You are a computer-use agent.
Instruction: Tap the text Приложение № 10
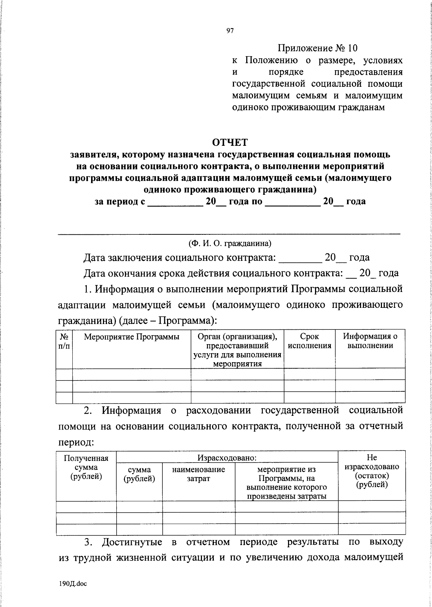(x=318, y=48)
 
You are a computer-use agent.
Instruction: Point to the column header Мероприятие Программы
(x=131, y=337)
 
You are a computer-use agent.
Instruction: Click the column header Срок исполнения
(x=310, y=341)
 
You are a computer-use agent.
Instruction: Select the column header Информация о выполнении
(x=370, y=341)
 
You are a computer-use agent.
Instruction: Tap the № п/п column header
(x=64, y=341)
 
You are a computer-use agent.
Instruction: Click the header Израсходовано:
(x=227, y=458)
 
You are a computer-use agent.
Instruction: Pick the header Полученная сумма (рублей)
(x=86, y=467)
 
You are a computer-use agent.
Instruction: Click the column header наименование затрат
(x=198, y=474)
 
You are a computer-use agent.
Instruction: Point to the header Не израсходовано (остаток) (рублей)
(x=372, y=471)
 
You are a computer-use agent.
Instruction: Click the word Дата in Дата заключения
(x=94, y=258)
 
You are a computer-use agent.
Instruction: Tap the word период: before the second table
(x=76, y=442)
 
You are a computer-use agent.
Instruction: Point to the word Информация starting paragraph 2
(x=131, y=410)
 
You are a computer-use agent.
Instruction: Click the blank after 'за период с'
(x=175, y=202)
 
